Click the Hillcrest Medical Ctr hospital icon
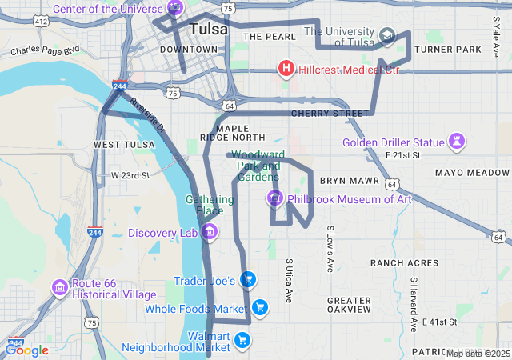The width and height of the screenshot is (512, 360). click(x=285, y=69)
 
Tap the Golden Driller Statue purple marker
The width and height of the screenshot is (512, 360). click(x=457, y=142)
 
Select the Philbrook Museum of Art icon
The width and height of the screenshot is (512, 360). click(x=274, y=198)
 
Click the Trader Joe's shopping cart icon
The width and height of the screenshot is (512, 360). click(x=248, y=279)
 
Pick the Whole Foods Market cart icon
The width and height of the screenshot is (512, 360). click(x=259, y=307)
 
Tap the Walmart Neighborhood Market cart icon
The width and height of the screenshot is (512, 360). click(x=242, y=342)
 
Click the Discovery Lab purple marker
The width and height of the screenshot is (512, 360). click(x=210, y=233)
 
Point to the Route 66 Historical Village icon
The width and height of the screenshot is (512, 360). click(x=60, y=286)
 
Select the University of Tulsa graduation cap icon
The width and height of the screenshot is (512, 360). click(x=387, y=36)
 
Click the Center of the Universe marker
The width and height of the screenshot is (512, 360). click(x=175, y=8)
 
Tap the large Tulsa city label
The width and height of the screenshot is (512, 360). click(x=208, y=30)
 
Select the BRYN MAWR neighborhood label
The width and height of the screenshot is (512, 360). click(x=343, y=182)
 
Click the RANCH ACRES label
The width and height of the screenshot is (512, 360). click(x=404, y=262)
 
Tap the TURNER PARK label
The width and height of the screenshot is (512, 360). click(x=448, y=50)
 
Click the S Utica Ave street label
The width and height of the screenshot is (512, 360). click(x=290, y=280)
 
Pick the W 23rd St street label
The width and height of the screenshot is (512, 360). click(x=130, y=175)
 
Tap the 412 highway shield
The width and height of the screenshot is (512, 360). click(x=41, y=22)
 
